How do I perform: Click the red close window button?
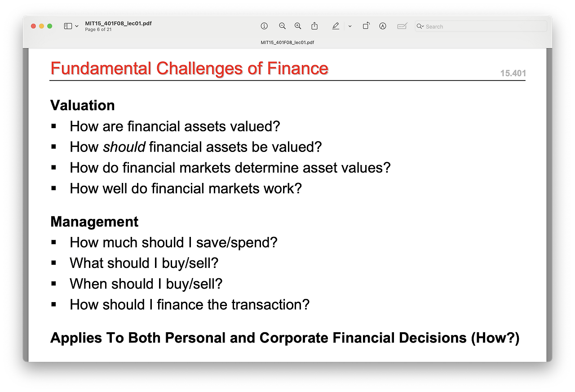[33, 26]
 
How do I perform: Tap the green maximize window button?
[50, 26]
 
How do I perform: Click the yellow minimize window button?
[42, 26]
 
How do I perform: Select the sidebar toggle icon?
[68, 26]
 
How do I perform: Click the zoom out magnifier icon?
[282, 26]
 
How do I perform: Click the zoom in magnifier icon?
[298, 26]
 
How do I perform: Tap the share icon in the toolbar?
[314, 26]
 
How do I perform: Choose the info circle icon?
[264, 26]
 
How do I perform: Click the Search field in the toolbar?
[481, 26]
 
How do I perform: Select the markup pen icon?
[336, 26]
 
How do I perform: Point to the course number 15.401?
[513, 73]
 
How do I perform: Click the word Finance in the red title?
[297, 68]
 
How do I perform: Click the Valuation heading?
[82, 105]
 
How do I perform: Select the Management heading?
[94, 222]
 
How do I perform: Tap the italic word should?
[124, 147]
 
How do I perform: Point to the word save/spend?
[237, 243]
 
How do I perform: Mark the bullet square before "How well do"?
[53, 188]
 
